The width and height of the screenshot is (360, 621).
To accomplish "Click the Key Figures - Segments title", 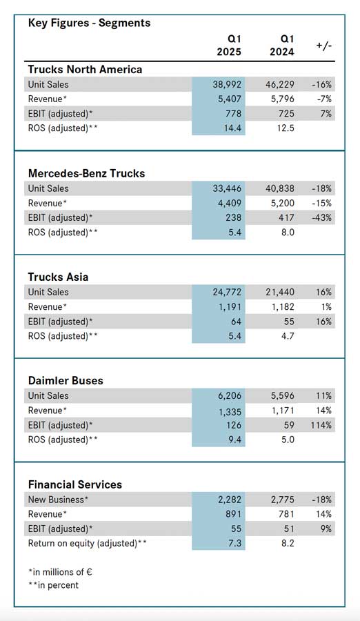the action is click(x=89, y=23).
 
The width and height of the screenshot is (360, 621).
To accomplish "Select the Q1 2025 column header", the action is click(x=229, y=45).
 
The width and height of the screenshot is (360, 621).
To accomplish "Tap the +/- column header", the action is click(x=324, y=46).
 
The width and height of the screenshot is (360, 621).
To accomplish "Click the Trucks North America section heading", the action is click(x=85, y=69).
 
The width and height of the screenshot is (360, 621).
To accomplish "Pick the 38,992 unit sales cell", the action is click(x=227, y=84).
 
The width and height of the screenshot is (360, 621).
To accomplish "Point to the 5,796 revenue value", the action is click(x=282, y=99).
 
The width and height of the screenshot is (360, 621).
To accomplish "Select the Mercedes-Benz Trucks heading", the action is click(x=86, y=173).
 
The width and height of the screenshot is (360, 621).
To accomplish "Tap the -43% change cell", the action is click(x=321, y=218).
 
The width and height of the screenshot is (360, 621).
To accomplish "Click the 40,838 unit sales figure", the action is click(x=280, y=188).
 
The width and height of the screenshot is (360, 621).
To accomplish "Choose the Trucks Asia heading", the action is click(x=58, y=277).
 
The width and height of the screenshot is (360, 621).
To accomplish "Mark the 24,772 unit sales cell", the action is click(x=227, y=293).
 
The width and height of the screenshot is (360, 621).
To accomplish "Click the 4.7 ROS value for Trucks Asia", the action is click(x=287, y=336).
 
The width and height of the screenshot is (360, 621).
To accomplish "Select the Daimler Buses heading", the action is click(x=66, y=381).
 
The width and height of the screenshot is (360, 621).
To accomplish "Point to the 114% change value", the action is click(x=321, y=425).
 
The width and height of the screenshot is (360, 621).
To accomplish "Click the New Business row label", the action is click(x=58, y=500).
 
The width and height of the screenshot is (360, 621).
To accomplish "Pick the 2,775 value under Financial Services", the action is click(x=282, y=500).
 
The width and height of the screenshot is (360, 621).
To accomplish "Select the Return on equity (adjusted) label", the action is click(x=87, y=544).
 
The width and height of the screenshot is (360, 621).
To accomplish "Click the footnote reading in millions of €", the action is click(x=60, y=572).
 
